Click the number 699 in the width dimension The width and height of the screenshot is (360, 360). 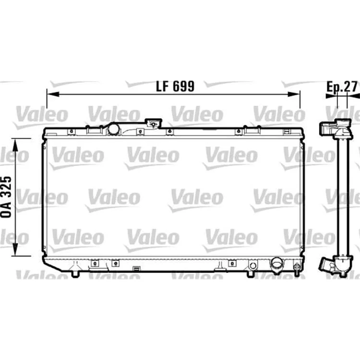point(183,86)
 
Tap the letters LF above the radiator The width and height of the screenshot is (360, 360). point(162,86)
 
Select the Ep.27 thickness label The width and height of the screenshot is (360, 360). point(342,86)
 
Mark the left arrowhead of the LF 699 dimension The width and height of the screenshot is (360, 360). point(53,94)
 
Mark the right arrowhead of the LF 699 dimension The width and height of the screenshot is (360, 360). point(294,94)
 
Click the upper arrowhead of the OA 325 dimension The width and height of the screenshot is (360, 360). point(15,145)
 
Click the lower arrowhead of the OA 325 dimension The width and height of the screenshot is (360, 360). point(15,250)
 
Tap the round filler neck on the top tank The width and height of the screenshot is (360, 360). point(114,129)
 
